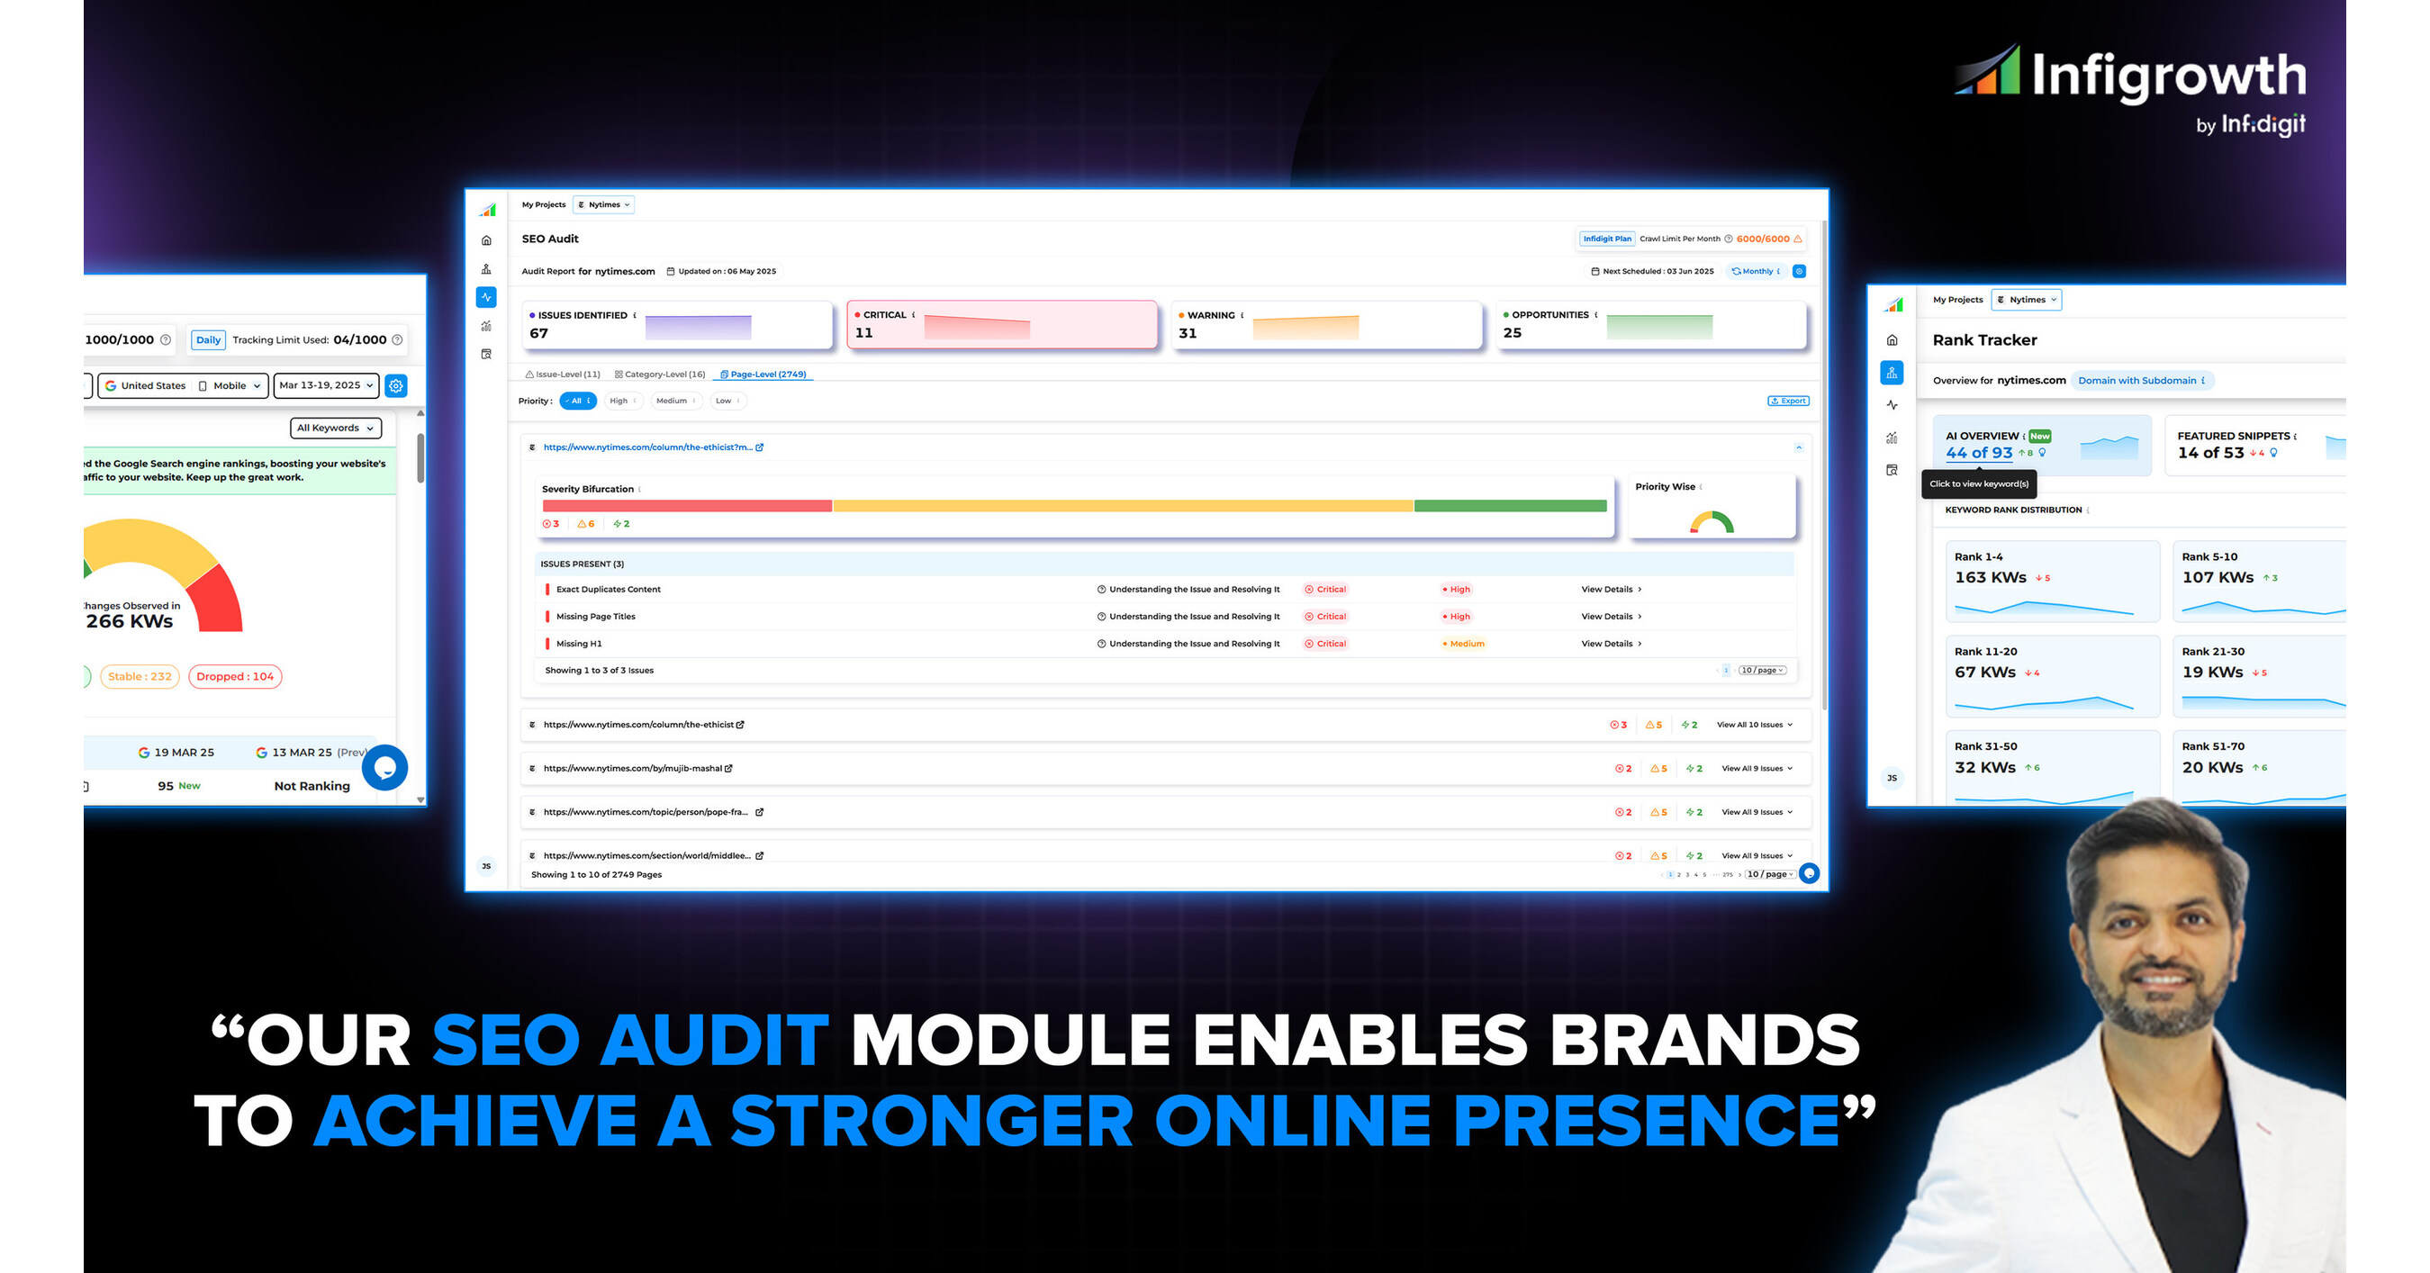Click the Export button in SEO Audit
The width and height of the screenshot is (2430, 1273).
point(1787,401)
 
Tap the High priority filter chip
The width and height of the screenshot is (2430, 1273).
point(619,401)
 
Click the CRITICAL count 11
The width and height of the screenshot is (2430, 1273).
point(864,333)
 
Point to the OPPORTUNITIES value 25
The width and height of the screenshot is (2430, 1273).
point(1513,333)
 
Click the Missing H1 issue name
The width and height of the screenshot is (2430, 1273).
point(578,644)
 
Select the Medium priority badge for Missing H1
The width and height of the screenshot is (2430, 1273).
point(1464,644)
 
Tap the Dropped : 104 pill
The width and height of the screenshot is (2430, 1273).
point(235,676)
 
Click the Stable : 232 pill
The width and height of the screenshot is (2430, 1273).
point(140,676)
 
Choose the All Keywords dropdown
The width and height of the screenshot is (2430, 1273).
point(335,429)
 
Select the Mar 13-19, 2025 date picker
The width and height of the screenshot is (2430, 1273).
point(325,385)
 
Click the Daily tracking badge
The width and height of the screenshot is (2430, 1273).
point(209,340)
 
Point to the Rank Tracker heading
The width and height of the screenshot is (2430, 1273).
point(1983,340)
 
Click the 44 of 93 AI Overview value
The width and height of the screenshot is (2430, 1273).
point(1978,453)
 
